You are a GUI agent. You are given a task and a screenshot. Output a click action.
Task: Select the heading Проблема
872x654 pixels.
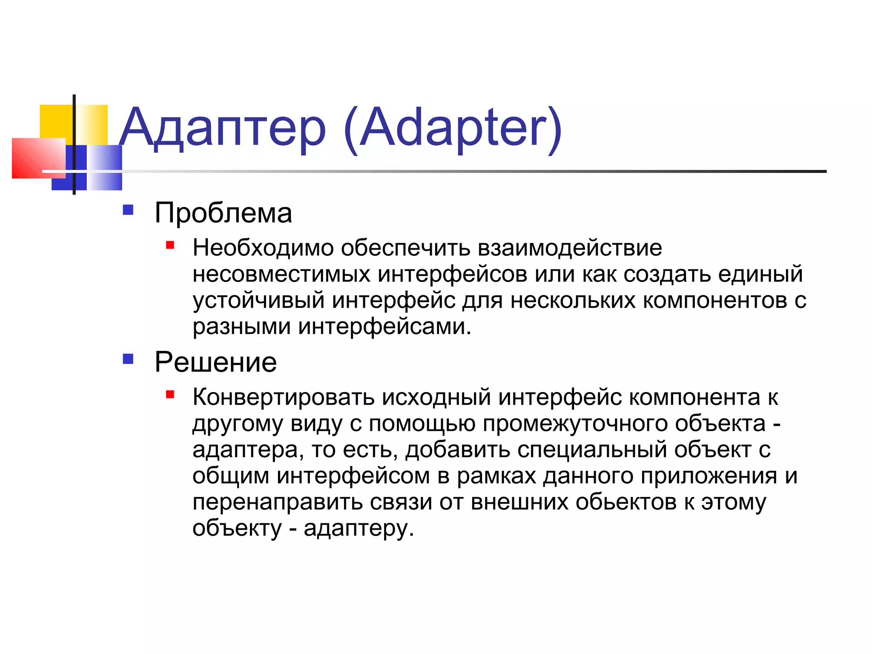pos(223,212)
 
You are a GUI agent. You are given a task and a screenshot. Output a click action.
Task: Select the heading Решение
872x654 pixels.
pos(215,362)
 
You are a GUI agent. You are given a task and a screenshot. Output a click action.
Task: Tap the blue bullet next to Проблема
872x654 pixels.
pos(128,210)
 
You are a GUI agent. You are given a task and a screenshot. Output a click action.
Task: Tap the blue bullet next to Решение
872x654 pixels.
pos(128,359)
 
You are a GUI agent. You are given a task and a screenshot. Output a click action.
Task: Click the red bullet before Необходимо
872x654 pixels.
pos(170,245)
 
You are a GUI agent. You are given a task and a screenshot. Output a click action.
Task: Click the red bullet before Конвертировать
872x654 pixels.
pos(170,394)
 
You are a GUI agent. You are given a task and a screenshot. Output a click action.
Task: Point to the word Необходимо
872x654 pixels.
pos(263,248)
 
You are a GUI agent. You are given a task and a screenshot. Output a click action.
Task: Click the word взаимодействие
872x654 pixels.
pos(570,248)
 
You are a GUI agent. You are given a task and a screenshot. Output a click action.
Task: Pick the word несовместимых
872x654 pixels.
pos(281,274)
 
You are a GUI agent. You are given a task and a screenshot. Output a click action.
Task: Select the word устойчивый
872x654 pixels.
pos(258,301)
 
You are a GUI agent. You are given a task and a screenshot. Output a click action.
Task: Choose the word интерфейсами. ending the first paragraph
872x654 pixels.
pos(384,327)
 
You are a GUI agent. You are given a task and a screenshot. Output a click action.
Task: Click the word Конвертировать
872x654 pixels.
pos(283,397)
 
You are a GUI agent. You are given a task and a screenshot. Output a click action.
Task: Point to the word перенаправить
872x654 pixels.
pos(277,502)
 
